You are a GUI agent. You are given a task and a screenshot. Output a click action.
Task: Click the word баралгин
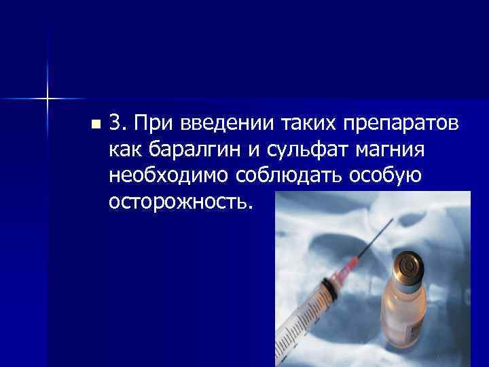(x=187, y=149)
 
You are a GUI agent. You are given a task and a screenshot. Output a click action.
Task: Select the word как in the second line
(x=122, y=149)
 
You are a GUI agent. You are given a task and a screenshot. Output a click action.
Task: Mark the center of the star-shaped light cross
(x=48, y=99)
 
